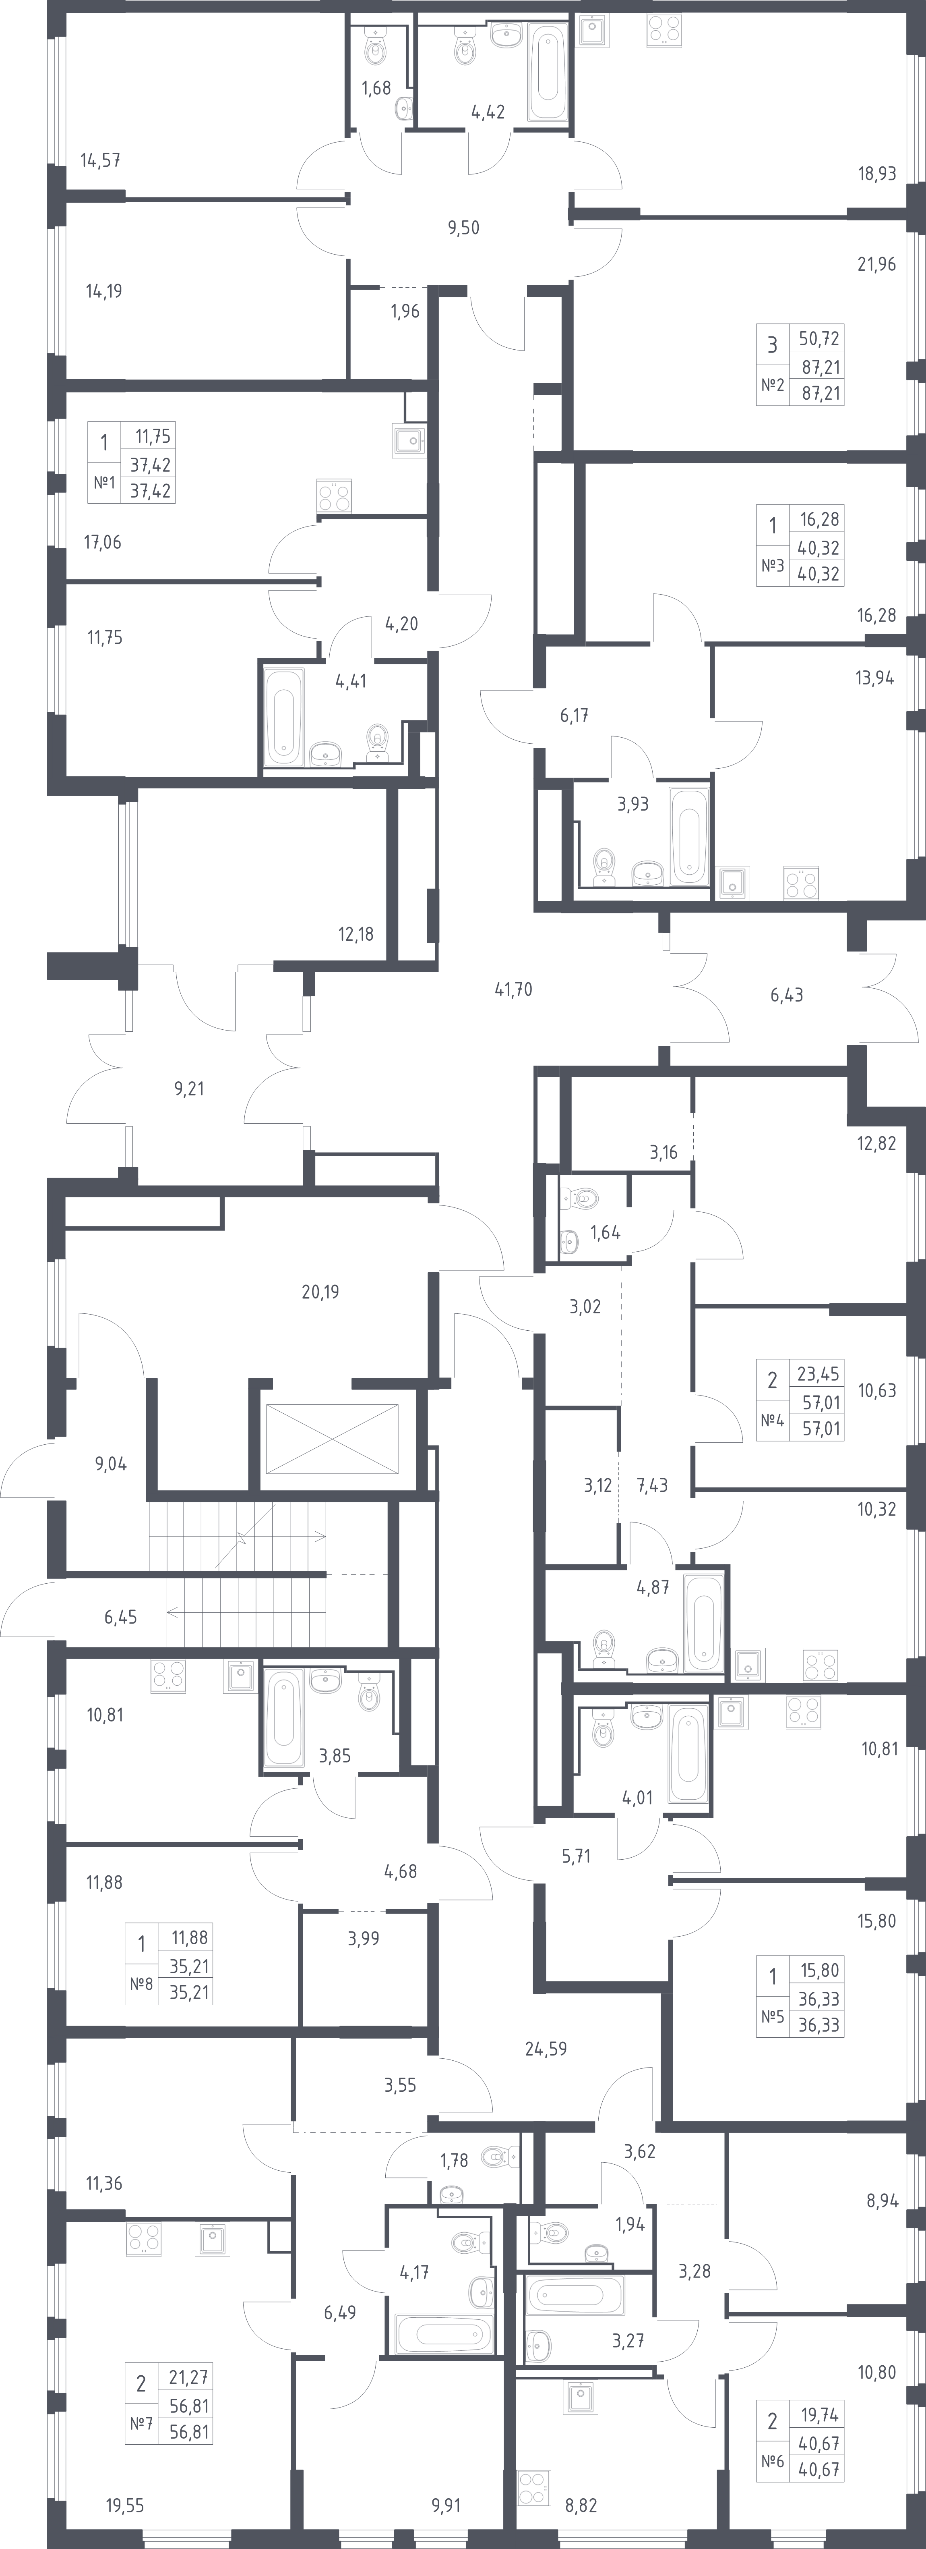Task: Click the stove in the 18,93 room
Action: coord(663,32)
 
